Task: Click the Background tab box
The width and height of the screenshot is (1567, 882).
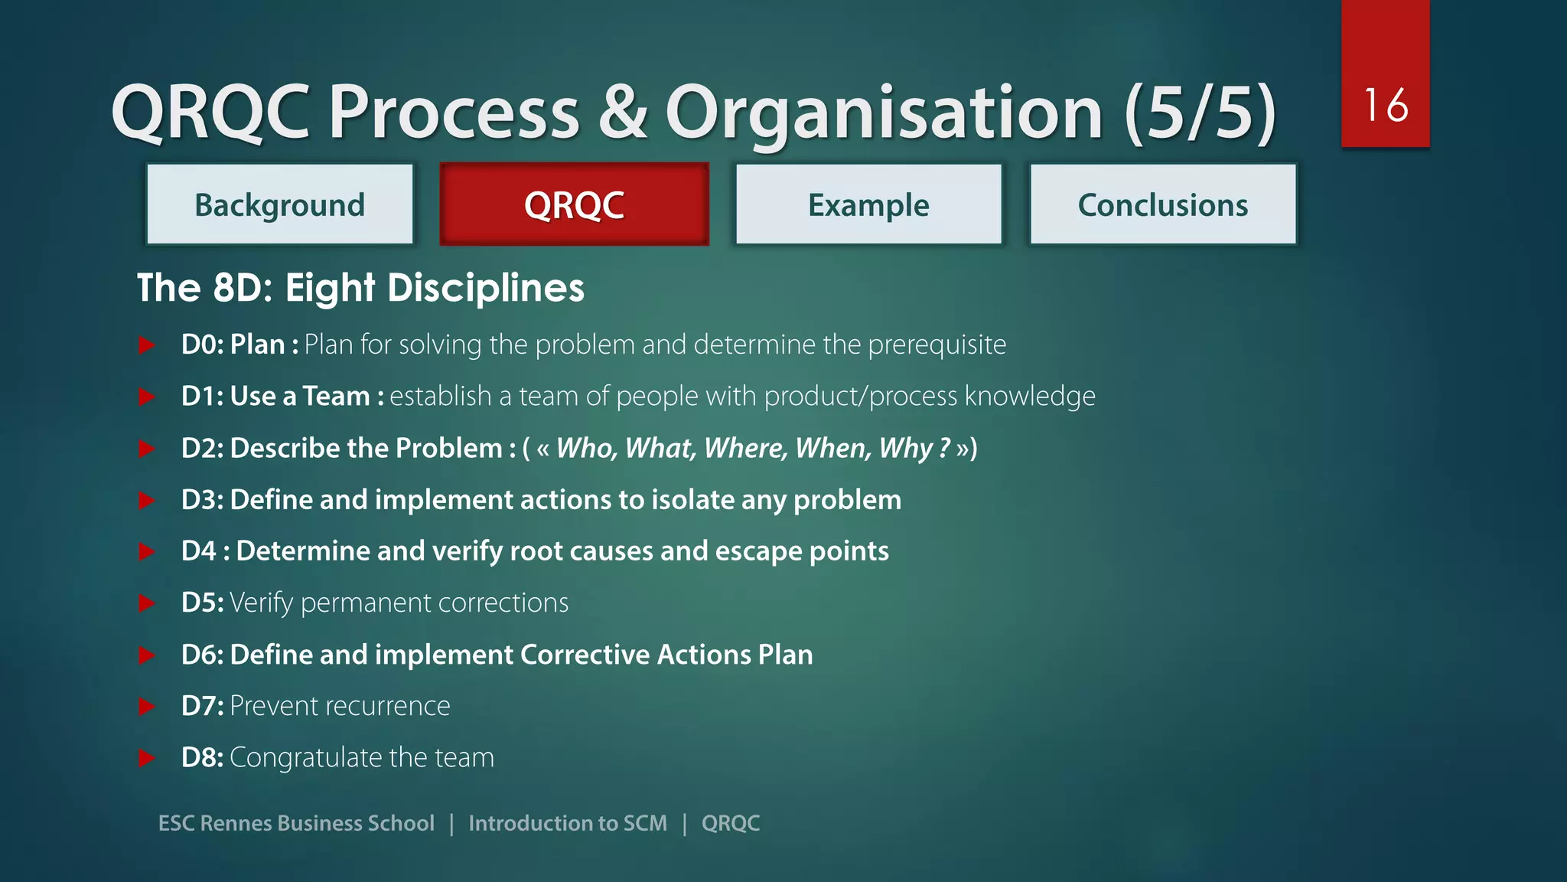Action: coord(280,204)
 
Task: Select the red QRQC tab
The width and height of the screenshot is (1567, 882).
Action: coord(574,204)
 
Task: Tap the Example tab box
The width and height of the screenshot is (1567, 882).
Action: coord(868,204)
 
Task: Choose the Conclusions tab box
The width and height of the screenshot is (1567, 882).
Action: coord(1163,204)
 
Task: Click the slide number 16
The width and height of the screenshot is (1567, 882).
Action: coord(1385,105)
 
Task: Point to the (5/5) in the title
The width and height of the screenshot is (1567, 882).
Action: coord(1200,113)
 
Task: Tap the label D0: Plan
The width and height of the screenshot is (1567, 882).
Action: coord(233,345)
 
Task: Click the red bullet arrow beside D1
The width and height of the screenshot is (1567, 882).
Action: coord(146,397)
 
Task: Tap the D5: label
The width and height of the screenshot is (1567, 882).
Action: coord(202,603)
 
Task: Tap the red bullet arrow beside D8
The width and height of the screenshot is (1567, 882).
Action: coord(146,758)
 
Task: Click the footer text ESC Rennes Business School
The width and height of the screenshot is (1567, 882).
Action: coord(296,823)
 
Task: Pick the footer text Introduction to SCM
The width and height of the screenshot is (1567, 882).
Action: coord(567,823)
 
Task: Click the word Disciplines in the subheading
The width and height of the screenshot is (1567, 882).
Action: coord(485,289)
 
